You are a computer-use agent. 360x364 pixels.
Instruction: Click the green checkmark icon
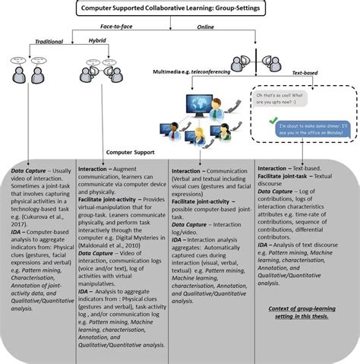pyautogui.click(x=272, y=121)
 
